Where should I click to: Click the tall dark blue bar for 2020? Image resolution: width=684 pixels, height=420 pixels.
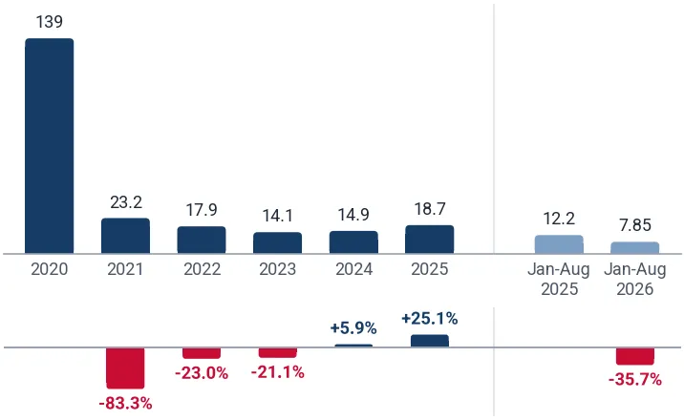pyautogui.click(x=50, y=145)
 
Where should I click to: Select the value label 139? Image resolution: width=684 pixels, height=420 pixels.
pyautogui.click(x=50, y=22)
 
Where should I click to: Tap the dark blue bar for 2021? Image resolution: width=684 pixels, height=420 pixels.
pyautogui.click(x=126, y=236)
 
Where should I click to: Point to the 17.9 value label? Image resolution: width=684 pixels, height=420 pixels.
pyautogui.click(x=202, y=210)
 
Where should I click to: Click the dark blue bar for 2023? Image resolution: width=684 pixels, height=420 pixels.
pyautogui.click(x=277, y=242)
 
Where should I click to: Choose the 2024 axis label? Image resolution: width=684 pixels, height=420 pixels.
pyautogui.click(x=353, y=269)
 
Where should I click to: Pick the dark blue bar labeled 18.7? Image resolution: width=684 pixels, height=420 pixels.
pyautogui.click(x=430, y=240)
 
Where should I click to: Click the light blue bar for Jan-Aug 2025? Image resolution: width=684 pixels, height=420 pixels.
pyautogui.click(x=559, y=244)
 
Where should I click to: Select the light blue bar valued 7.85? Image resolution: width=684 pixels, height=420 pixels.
pyautogui.click(x=634, y=247)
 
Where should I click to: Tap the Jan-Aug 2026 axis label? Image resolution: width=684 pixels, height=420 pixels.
pyautogui.click(x=635, y=280)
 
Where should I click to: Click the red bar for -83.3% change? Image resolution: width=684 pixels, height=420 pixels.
pyautogui.click(x=126, y=368)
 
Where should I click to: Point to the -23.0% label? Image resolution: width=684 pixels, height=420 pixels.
pyautogui.click(x=202, y=373)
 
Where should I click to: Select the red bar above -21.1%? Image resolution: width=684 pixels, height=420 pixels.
pyautogui.click(x=277, y=353)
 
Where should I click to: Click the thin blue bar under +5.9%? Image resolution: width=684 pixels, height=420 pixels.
pyautogui.click(x=353, y=346)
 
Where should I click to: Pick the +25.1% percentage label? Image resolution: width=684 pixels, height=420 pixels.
pyautogui.click(x=430, y=319)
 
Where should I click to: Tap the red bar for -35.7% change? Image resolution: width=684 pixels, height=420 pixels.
pyautogui.click(x=634, y=356)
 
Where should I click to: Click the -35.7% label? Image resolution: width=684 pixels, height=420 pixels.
pyautogui.click(x=635, y=380)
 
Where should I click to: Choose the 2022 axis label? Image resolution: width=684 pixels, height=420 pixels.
pyautogui.click(x=202, y=269)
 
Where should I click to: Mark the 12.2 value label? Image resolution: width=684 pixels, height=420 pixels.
pyautogui.click(x=559, y=219)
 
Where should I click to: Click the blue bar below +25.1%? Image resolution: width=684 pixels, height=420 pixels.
pyautogui.click(x=430, y=341)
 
